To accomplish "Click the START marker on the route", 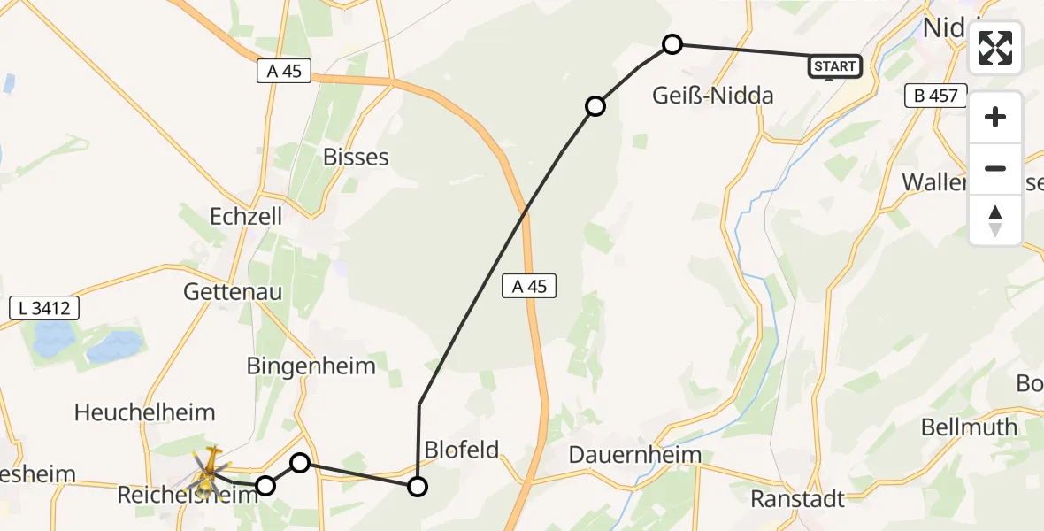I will [x=833, y=66].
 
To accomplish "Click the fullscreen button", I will [x=995, y=48].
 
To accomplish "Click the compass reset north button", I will [x=995, y=220].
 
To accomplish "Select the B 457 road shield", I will [x=936, y=96].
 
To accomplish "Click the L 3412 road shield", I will [x=44, y=308].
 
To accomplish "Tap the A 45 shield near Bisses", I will [x=284, y=72].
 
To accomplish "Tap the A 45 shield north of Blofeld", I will [x=529, y=285].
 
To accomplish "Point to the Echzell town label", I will [x=245, y=217].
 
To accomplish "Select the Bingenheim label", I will [x=311, y=365].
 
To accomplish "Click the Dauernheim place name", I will [x=635, y=455].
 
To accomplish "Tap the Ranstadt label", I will [x=797, y=498].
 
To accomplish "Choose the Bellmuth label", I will [x=969, y=427].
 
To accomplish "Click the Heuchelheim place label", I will [x=145, y=412].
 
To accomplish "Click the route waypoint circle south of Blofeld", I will [x=417, y=486].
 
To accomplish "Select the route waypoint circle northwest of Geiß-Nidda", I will [x=672, y=44].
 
